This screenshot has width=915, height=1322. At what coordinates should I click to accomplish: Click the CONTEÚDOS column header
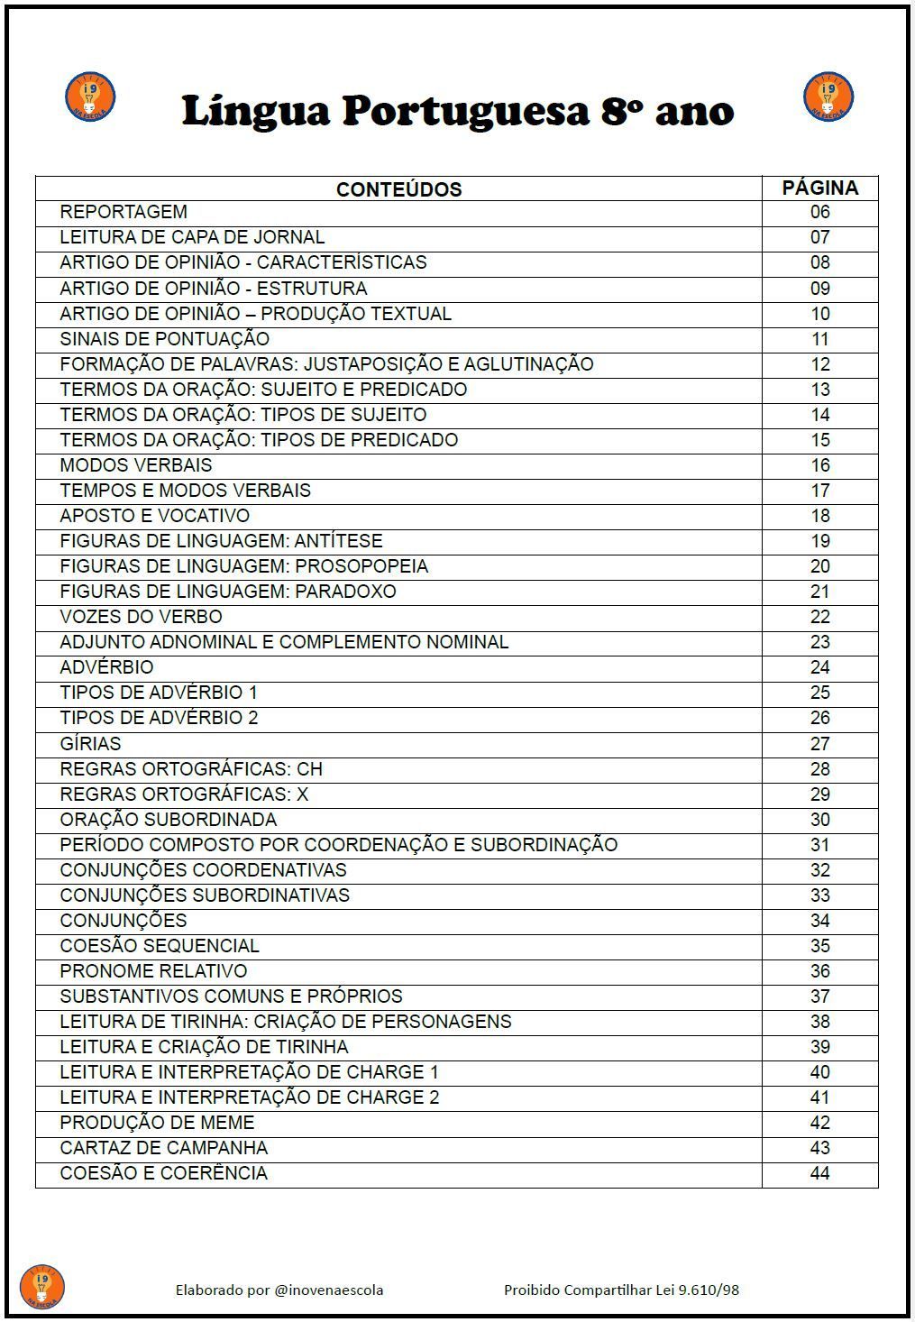(x=398, y=189)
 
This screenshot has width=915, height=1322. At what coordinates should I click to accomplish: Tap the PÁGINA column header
(x=819, y=188)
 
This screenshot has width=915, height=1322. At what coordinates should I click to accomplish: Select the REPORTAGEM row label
(x=124, y=212)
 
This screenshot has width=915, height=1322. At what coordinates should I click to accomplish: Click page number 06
(x=819, y=213)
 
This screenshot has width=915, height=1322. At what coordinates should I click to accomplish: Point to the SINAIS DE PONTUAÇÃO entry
(x=164, y=339)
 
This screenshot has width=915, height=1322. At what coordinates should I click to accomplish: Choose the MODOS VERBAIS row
(x=136, y=465)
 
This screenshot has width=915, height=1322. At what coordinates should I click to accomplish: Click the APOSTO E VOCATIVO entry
(x=155, y=516)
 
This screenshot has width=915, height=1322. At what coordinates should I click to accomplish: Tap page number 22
(x=819, y=617)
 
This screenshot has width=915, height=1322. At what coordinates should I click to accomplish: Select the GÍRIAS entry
(x=90, y=744)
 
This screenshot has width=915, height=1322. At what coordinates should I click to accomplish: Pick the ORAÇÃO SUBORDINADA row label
(x=169, y=820)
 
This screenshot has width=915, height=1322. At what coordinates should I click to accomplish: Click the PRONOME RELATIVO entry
(x=153, y=971)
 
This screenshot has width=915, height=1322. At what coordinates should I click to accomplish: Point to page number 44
(x=819, y=1173)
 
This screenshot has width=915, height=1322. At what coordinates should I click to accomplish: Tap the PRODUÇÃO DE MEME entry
(x=157, y=1123)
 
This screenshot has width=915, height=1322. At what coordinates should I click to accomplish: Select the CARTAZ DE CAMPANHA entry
(x=164, y=1148)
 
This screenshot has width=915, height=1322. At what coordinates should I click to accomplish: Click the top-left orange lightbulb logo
(x=90, y=97)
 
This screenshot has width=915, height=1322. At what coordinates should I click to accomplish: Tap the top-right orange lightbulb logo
(x=828, y=97)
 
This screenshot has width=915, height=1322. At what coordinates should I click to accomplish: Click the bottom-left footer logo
(x=41, y=1287)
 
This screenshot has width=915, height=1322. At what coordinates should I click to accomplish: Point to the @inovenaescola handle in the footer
(x=329, y=1290)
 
